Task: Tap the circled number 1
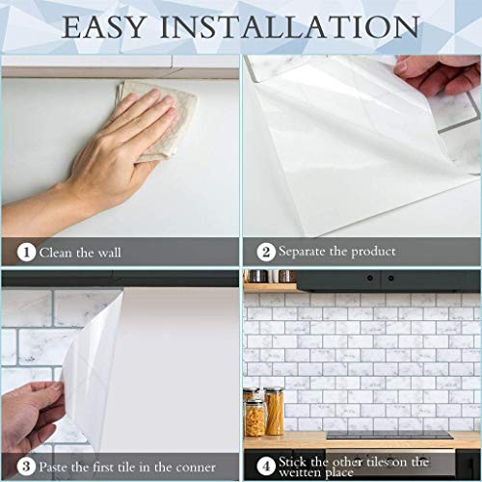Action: click(x=26, y=252)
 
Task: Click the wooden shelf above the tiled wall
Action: click(x=270, y=285)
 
